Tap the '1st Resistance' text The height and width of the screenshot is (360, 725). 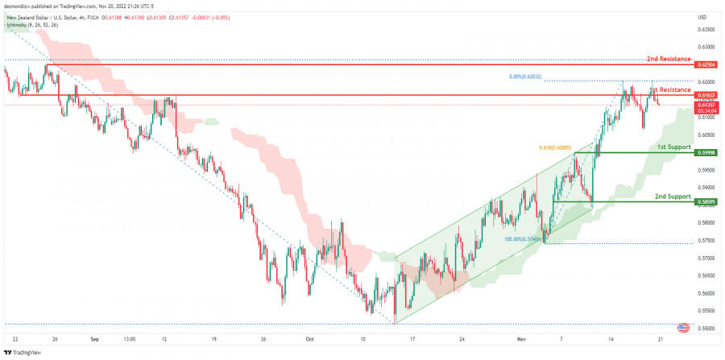click(x=670, y=89)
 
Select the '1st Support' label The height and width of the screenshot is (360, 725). click(x=673, y=147)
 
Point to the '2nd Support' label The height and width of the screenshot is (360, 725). click(x=673, y=197)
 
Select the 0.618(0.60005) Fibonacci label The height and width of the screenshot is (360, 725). click(x=554, y=148)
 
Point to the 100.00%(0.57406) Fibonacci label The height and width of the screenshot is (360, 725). click(x=523, y=239)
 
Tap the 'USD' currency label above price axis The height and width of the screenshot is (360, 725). click(x=702, y=17)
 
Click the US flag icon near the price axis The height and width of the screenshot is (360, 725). click(x=684, y=328)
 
